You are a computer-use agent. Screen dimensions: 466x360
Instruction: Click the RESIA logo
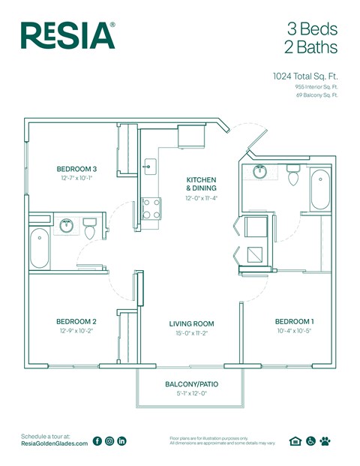(67, 35)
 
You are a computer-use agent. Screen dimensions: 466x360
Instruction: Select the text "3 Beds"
(312, 29)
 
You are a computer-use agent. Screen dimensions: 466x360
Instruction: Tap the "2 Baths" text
(310, 47)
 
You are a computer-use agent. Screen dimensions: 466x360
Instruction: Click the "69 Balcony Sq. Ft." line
(316, 95)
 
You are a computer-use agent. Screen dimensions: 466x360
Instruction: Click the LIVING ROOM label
(191, 323)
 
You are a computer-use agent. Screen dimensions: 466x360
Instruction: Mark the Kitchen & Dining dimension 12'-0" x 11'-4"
(201, 199)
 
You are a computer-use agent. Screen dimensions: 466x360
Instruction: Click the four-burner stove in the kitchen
(151, 208)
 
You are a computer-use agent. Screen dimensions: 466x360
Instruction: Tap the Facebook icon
(97, 441)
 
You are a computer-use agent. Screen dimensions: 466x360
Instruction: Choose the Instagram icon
(109, 441)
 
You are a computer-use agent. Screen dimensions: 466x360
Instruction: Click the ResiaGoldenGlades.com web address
(55, 444)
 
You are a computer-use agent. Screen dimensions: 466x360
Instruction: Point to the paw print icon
(325, 441)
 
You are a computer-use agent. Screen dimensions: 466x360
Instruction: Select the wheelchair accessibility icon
(310, 441)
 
